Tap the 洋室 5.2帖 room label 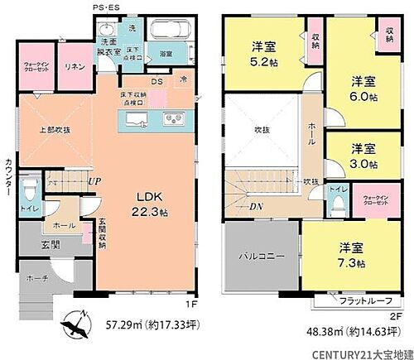[x=265, y=53]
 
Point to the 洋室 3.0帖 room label [x=363, y=155]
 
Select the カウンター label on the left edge [x=7, y=174]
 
